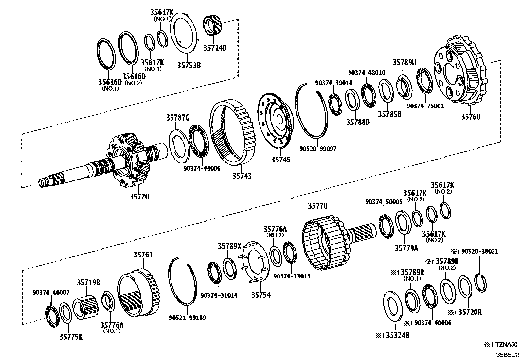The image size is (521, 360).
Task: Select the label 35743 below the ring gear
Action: click(x=242, y=176)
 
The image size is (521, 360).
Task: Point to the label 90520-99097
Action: click(x=317, y=149)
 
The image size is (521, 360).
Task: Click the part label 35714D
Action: click(x=215, y=48)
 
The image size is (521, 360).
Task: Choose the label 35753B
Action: click(x=189, y=65)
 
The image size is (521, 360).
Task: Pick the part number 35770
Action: click(x=317, y=206)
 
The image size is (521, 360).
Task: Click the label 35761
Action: click(x=143, y=255)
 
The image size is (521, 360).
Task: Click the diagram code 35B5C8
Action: click(x=507, y=355)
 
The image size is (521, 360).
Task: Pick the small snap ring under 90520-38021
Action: click(x=480, y=283)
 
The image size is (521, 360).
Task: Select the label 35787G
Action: click(x=177, y=117)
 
